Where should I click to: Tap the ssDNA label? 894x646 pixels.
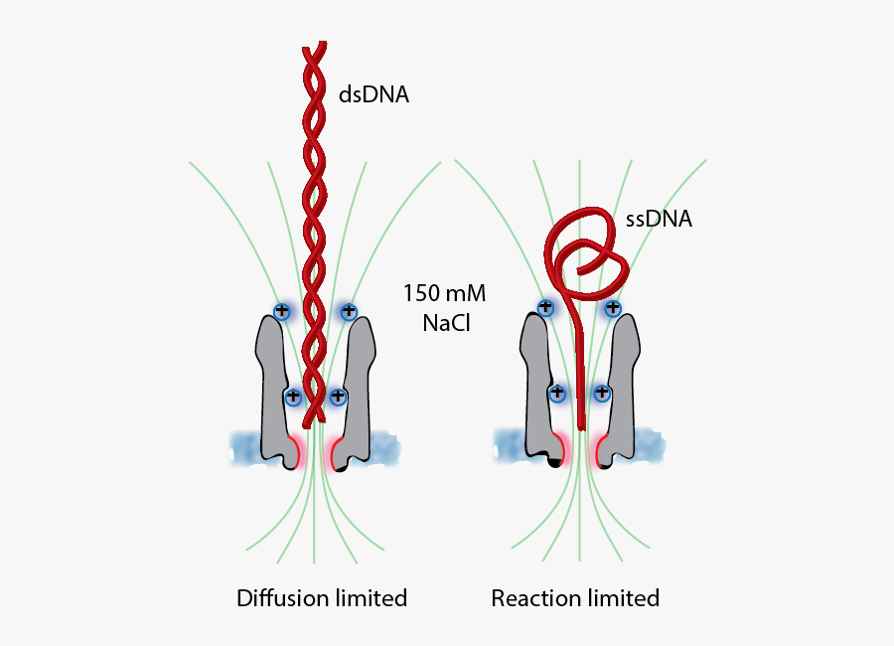(x=659, y=220)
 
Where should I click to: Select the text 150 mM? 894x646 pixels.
(x=436, y=295)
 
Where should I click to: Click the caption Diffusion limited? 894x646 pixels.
(x=322, y=598)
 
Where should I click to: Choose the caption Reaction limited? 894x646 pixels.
(x=575, y=598)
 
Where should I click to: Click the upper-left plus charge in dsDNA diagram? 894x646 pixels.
(x=282, y=310)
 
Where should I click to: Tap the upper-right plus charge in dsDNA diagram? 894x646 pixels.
(x=348, y=311)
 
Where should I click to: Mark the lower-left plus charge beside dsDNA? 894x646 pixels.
(x=293, y=397)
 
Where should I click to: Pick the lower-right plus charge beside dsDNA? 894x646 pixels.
(x=338, y=397)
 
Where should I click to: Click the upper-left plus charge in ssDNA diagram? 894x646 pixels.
(x=545, y=308)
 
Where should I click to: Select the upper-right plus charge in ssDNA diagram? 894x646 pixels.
(x=612, y=308)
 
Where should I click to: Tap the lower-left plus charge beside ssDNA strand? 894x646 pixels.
(x=557, y=394)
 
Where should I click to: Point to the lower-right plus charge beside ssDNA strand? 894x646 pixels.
(x=602, y=394)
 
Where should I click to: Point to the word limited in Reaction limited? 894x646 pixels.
(x=621, y=598)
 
